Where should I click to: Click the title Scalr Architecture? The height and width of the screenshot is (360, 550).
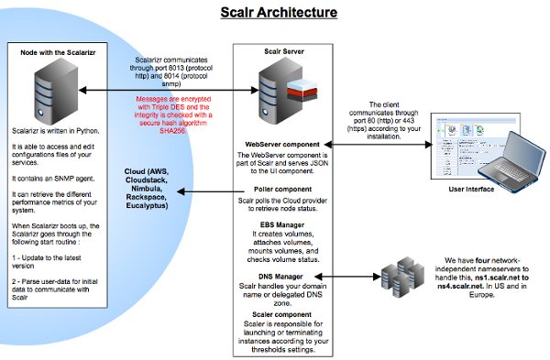[278, 13]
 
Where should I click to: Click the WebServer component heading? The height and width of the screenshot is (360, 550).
[281, 145]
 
